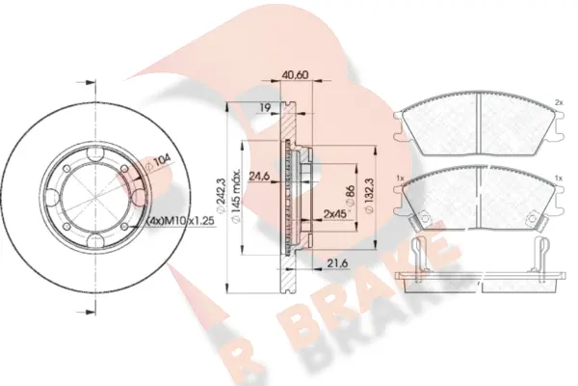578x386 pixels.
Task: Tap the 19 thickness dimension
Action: coord(262,109)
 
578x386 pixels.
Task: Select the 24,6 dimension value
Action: coord(257,177)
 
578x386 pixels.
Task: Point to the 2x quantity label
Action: coord(558,102)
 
